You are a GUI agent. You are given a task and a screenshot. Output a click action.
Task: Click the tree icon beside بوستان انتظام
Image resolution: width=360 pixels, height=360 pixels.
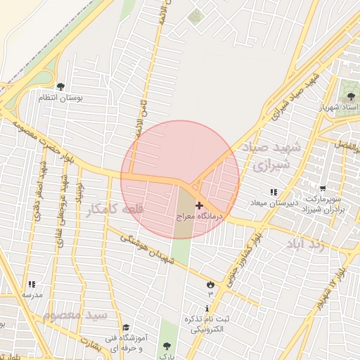click(x=60, y=87)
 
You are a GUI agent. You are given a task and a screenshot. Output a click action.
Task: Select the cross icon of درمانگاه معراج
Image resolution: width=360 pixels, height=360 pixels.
click(x=199, y=205)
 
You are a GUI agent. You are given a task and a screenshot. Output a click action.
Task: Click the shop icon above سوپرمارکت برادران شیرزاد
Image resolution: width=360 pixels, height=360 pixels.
click(x=323, y=188)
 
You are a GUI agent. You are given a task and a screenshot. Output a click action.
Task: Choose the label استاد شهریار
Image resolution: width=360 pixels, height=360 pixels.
click(x=340, y=108)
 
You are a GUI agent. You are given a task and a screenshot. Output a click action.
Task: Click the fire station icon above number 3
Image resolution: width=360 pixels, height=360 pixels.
click(x=210, y=283)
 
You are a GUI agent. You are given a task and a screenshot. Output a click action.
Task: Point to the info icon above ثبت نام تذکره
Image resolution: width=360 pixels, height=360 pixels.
click(x=207, y=309)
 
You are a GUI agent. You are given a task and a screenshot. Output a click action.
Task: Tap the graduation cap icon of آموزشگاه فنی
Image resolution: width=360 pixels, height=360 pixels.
click(x=127, y=327)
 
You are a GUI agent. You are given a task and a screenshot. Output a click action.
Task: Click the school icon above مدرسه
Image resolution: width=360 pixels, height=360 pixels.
click(x=32, y=284)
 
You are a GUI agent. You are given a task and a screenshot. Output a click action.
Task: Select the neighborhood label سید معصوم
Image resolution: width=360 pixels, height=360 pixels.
click(x=75, y=315)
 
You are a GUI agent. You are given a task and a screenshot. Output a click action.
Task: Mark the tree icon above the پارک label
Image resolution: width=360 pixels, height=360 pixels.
click(x=167, y=345)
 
